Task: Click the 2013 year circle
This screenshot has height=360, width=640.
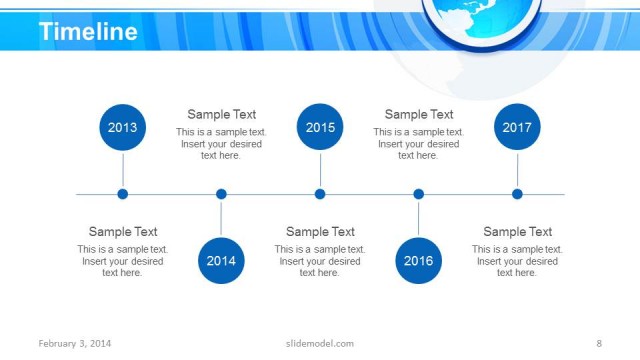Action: click(x=123, y=128)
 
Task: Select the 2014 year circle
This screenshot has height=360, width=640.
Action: click(x=221, y=261)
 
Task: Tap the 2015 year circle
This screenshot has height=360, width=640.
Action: click(x=320, y=128)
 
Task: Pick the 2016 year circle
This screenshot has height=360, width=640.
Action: click(x=418, y=261)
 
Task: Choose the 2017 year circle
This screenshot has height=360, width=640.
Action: click(x=517, y=128)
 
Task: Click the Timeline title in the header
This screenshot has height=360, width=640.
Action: click(x=88, y=32)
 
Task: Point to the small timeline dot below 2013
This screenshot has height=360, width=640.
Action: click(x=123, y=194)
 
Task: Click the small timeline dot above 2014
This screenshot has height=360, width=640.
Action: click(x=221, y=194)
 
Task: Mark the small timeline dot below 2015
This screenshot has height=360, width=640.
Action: click(x=320, y=194)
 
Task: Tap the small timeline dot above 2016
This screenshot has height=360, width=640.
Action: click(x=418, y=194)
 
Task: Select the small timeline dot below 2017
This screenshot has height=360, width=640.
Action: click(x=517, y=194)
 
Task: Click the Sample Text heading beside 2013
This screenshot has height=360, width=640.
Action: click(x=123, y=232)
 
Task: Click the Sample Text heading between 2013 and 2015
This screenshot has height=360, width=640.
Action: click(x=222, y=115)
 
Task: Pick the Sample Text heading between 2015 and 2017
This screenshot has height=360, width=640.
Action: click(x=419, y=115)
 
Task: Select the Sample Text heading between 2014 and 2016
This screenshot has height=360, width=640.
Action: click(x=320, y=232)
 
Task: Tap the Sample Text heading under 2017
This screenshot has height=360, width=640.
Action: click(x=518, y=232)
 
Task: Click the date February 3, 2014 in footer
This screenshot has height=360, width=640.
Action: click(x=75, y=344)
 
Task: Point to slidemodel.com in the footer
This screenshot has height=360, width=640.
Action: click(x=320, y=344)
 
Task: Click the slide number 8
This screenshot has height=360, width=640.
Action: click(x=598, y=344)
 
